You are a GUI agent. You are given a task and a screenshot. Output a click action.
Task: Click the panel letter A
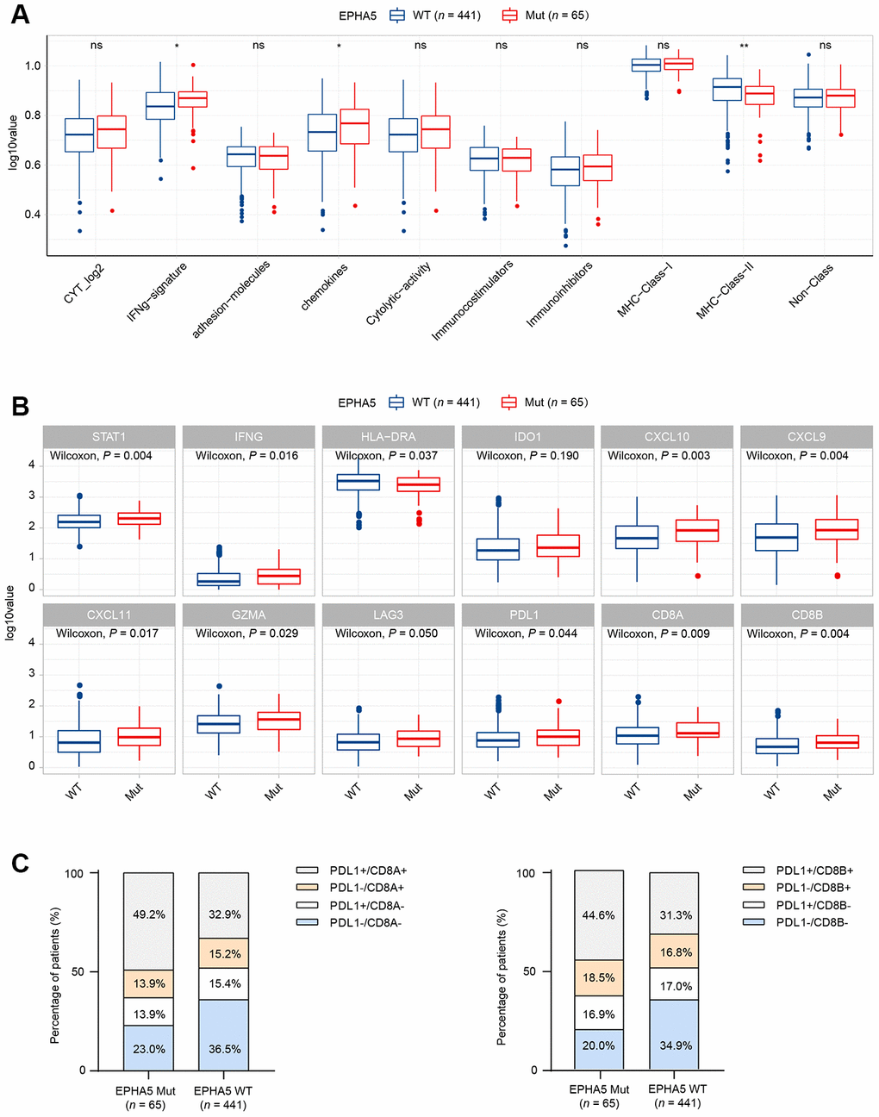coord(19,16)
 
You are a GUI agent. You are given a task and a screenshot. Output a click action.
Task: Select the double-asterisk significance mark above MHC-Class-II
coord(744,46)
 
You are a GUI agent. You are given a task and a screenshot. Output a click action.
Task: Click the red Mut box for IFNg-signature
coord(192,99)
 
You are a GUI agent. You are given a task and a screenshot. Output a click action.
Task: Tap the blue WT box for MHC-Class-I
coord(645,65)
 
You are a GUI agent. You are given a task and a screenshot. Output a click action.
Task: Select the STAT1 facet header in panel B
coord(109,437)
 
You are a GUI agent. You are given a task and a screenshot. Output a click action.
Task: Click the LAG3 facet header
coord(388,615)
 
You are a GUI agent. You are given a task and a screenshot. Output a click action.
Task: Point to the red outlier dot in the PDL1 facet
coord(558,702)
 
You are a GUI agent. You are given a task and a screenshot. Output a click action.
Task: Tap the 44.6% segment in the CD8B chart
coord(600,914)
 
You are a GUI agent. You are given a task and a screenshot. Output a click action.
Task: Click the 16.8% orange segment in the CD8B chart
coord(675,952)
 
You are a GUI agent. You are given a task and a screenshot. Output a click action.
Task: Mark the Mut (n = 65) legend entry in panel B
coord(545,402)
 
